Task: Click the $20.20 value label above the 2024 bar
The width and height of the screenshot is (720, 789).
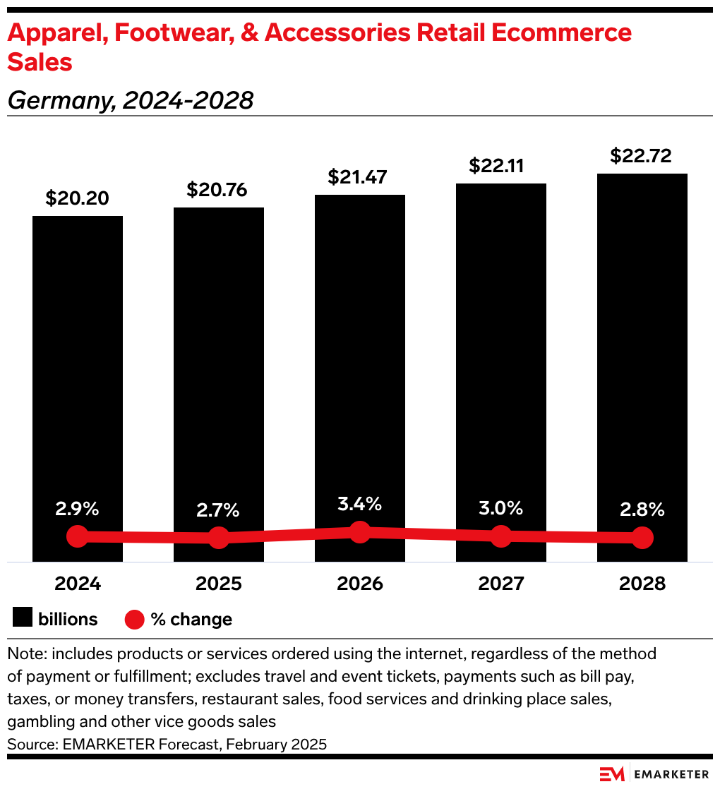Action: click(x=78, y=198)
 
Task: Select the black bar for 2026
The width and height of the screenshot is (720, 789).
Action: click(x=360, y=353)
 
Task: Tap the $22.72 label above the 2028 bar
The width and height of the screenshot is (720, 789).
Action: click(x=642, y=155)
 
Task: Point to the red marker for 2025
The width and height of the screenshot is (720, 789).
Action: click(x=219, y=538)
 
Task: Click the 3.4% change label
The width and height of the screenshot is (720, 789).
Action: click(x=359, y=504)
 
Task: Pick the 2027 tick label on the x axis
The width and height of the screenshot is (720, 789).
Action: click(x=501, y=584)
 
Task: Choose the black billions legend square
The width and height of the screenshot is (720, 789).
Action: click(x=23, y=619)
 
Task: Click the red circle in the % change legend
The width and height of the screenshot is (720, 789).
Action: click(x=135, y=620)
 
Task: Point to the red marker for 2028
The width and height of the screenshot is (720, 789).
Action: click(x=642, y=538)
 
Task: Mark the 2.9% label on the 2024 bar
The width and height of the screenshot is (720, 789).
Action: click(x=78, y=508)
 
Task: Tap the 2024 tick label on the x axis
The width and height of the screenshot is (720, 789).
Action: click(x=78, y=584)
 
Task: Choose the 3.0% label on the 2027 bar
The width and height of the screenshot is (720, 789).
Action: click(x=500, y=508)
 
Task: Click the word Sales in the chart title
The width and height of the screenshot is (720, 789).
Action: click(x=40, y=62)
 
